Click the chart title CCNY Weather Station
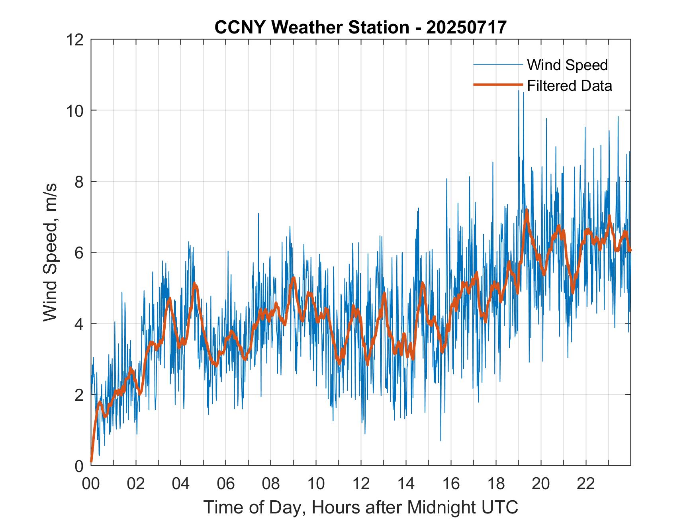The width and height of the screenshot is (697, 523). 311,27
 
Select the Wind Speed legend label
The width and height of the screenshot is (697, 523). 567,65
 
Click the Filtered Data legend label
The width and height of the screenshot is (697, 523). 569,86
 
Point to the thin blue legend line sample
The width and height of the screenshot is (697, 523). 497,65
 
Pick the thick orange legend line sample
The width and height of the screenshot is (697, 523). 497,85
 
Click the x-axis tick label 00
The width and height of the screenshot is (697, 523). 91,484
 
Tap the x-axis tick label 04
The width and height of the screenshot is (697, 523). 181,484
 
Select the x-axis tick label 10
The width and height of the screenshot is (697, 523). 316,484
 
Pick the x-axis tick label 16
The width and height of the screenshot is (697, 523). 451,484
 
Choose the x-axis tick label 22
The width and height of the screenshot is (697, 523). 586,484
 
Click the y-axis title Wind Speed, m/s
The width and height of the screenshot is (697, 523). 51,252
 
